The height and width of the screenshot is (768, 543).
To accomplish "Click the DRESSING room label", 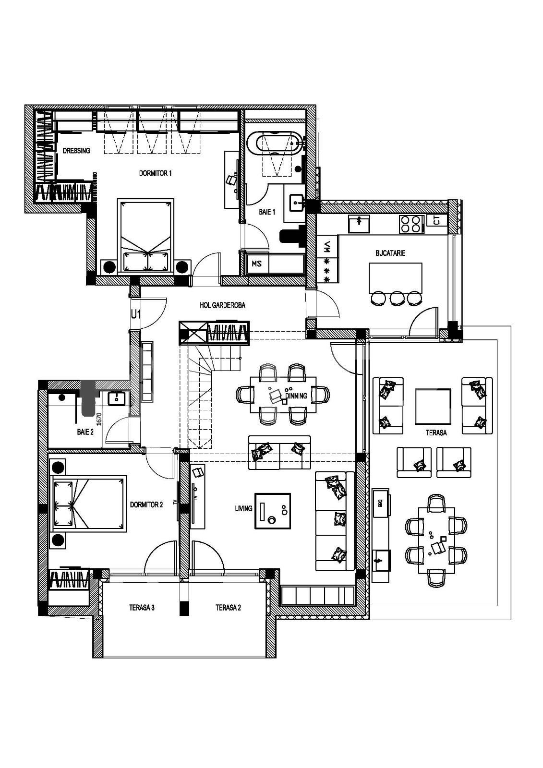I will pos(76,151).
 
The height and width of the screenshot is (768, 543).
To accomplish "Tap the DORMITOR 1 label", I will pos(155,173).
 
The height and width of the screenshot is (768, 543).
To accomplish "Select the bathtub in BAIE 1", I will pos(278,144).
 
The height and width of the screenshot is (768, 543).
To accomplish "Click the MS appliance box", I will pos(256,264).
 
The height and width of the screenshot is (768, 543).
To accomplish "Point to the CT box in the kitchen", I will pos(436,221).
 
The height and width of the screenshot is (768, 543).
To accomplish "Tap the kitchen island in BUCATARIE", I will pos(396,277).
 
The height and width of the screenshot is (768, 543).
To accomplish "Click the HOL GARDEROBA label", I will pos(222,305).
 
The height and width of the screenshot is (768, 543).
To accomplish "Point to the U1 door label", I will pos(136,314).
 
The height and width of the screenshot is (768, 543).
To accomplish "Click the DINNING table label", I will pos(296,396).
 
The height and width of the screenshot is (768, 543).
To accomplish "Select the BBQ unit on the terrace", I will pos(381,503).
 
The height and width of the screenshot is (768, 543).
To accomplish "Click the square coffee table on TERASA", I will pos(433,406).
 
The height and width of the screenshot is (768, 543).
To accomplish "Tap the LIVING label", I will pos(243,508).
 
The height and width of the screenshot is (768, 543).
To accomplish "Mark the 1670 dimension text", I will pos(99,419).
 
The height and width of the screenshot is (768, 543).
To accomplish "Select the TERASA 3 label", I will pos(142,608).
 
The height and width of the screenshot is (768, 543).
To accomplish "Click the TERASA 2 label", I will pos(228,608).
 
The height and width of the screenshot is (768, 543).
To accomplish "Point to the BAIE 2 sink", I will pos(117,398).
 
